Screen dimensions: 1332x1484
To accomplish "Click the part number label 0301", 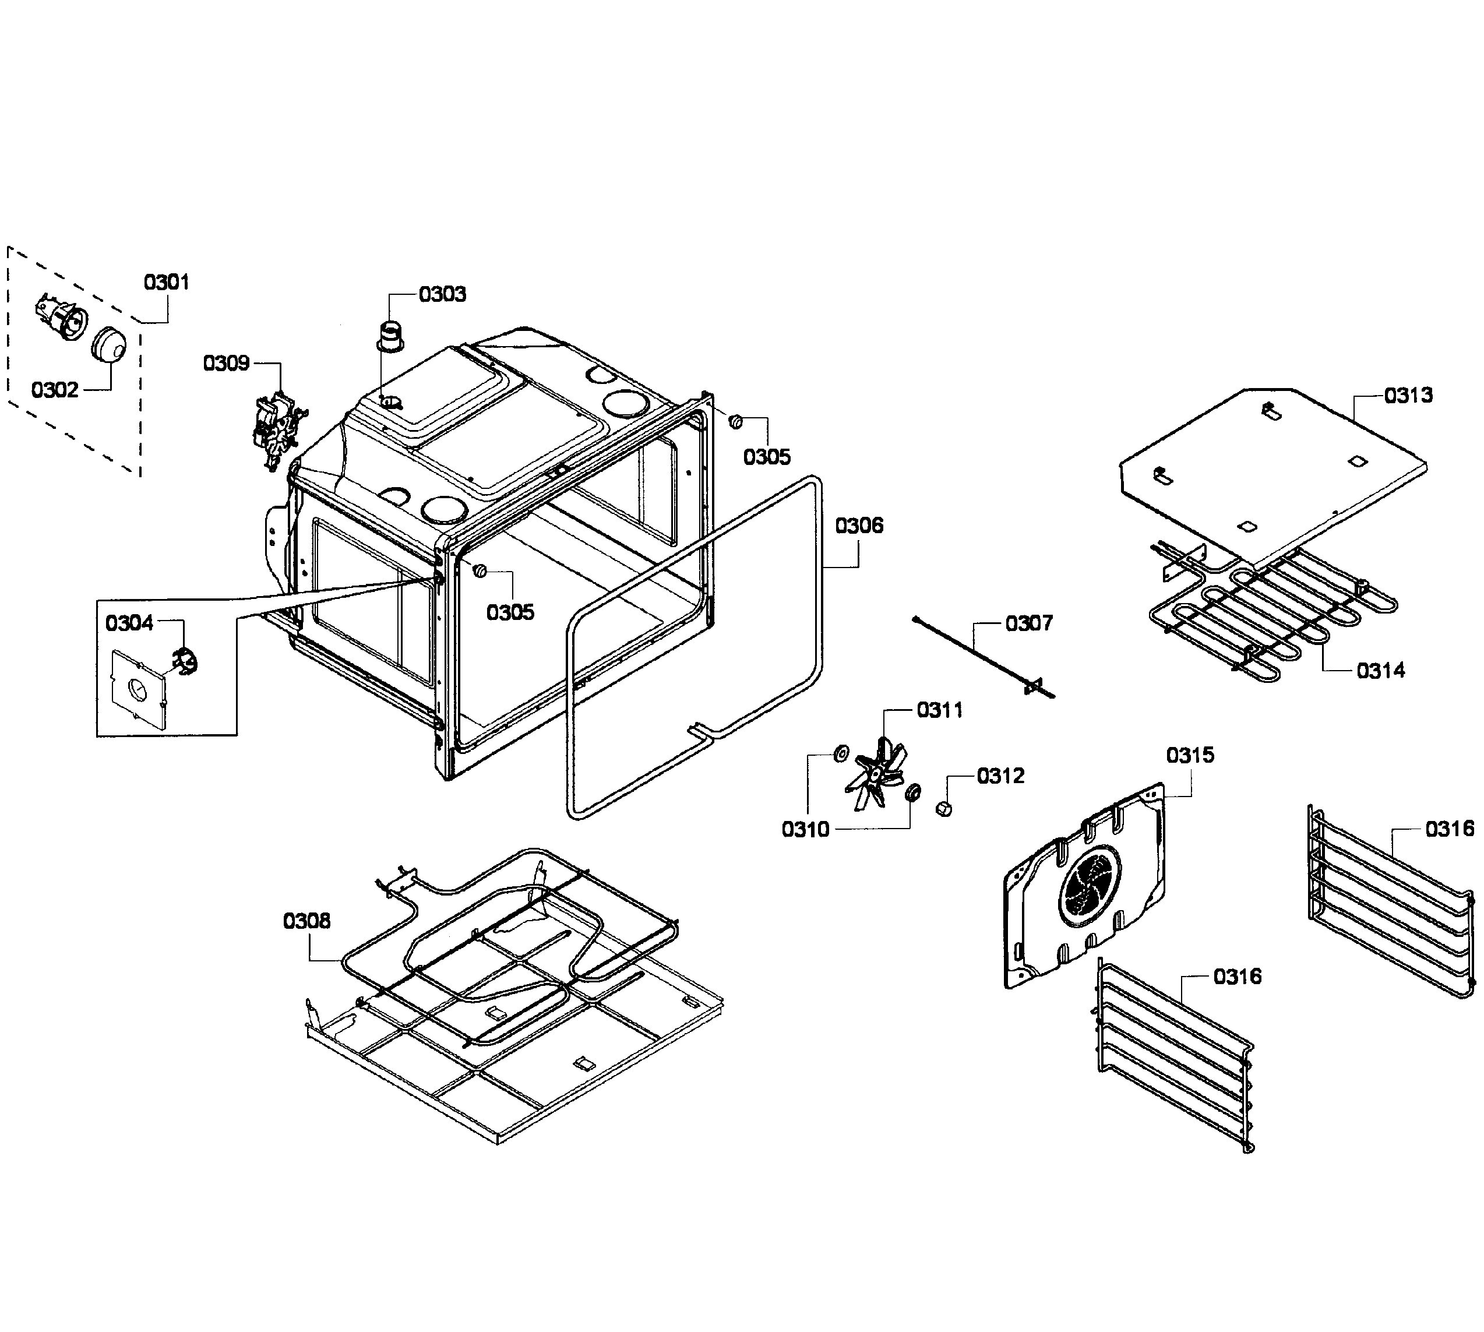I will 166,282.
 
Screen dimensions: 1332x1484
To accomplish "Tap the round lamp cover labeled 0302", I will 109,344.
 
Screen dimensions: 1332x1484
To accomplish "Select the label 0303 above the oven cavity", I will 442,294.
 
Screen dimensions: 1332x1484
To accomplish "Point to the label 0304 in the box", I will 129,623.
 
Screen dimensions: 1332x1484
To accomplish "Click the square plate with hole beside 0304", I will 137,689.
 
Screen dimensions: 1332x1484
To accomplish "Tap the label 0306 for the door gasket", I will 859,526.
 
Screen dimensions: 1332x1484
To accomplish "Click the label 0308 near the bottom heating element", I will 306,921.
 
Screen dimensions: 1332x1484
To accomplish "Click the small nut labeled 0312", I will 944,809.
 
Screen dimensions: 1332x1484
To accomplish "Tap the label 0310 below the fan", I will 805,829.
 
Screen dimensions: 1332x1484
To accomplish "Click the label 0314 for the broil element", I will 1380,671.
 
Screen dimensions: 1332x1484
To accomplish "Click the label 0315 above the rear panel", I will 1190,755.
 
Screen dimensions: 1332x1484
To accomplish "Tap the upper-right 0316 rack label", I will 1449,829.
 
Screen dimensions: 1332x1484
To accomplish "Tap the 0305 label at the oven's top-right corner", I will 766,457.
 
